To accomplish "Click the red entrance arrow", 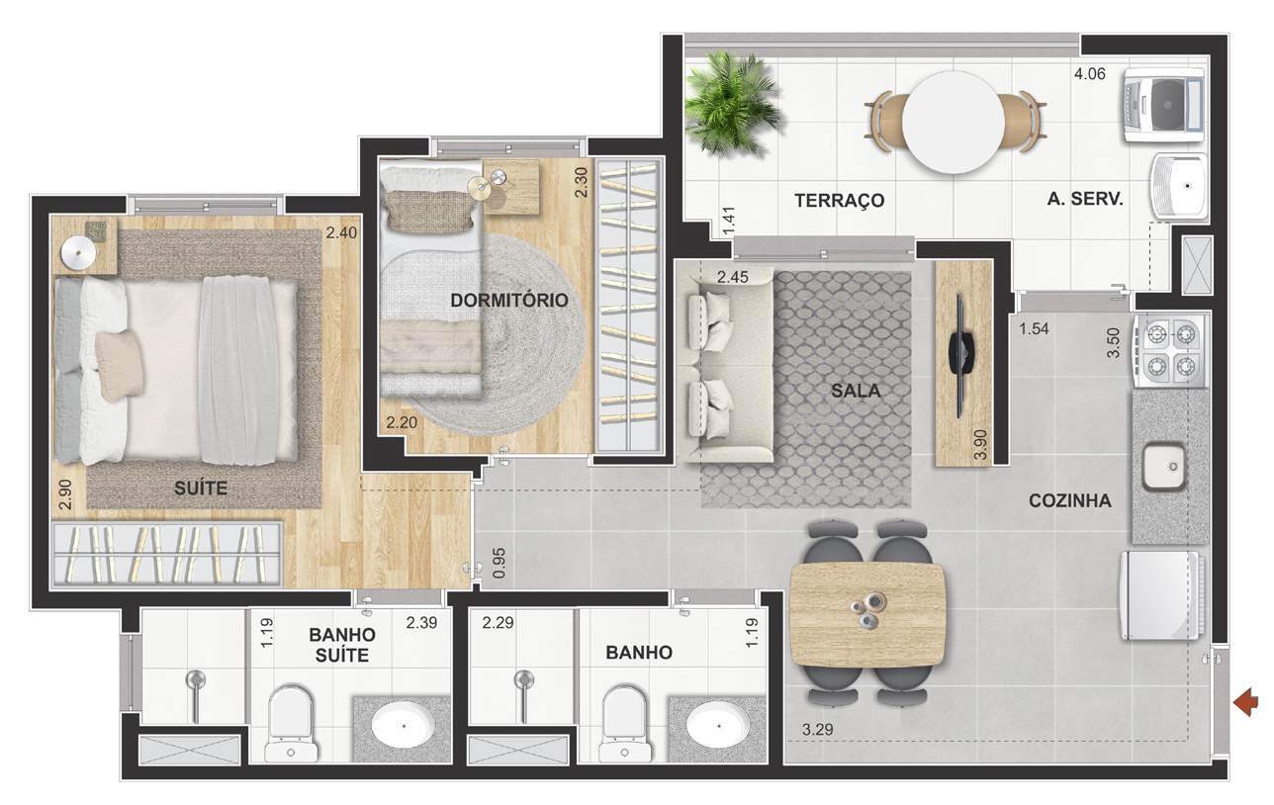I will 1246,703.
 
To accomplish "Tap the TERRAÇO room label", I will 839,201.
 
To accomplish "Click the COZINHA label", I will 1069,500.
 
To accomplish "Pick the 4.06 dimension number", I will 1091,72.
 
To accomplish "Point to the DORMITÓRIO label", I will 508,300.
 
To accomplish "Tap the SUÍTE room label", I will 201,488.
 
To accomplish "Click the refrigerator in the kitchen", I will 1160,595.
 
